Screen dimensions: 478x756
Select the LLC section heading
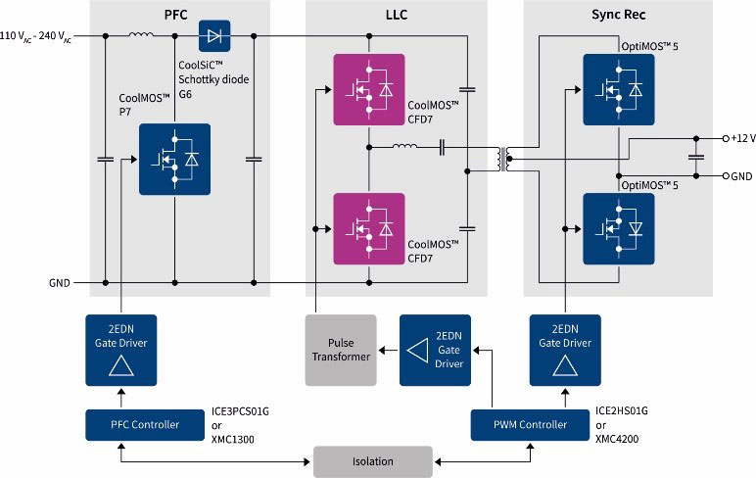(x=396, y=14)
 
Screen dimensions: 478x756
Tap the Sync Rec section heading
(x=619, y=14)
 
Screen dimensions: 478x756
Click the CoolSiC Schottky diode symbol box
(x=213, y=37)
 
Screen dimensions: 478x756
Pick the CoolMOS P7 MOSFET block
(x=174, y=159)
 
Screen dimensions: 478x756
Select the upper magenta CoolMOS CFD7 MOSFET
(x=368, y=90)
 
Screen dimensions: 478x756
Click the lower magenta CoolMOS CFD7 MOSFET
(x=368, y=228)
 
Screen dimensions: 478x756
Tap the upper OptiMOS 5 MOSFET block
(x=618, y=90)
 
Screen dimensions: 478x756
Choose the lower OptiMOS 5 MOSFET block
(x=618, y=228)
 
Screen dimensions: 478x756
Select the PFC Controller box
(x=132, y=424)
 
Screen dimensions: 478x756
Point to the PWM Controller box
(x=531, y=424)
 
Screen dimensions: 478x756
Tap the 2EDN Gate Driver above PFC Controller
(x=122, y=350)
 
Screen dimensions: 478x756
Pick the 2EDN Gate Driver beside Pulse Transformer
(x=436, y=350)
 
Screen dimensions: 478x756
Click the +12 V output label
(x=738, y=138)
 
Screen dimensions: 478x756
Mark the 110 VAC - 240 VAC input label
(x=39, y=36)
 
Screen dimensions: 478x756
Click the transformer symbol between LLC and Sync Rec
(x=504, y=159)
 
